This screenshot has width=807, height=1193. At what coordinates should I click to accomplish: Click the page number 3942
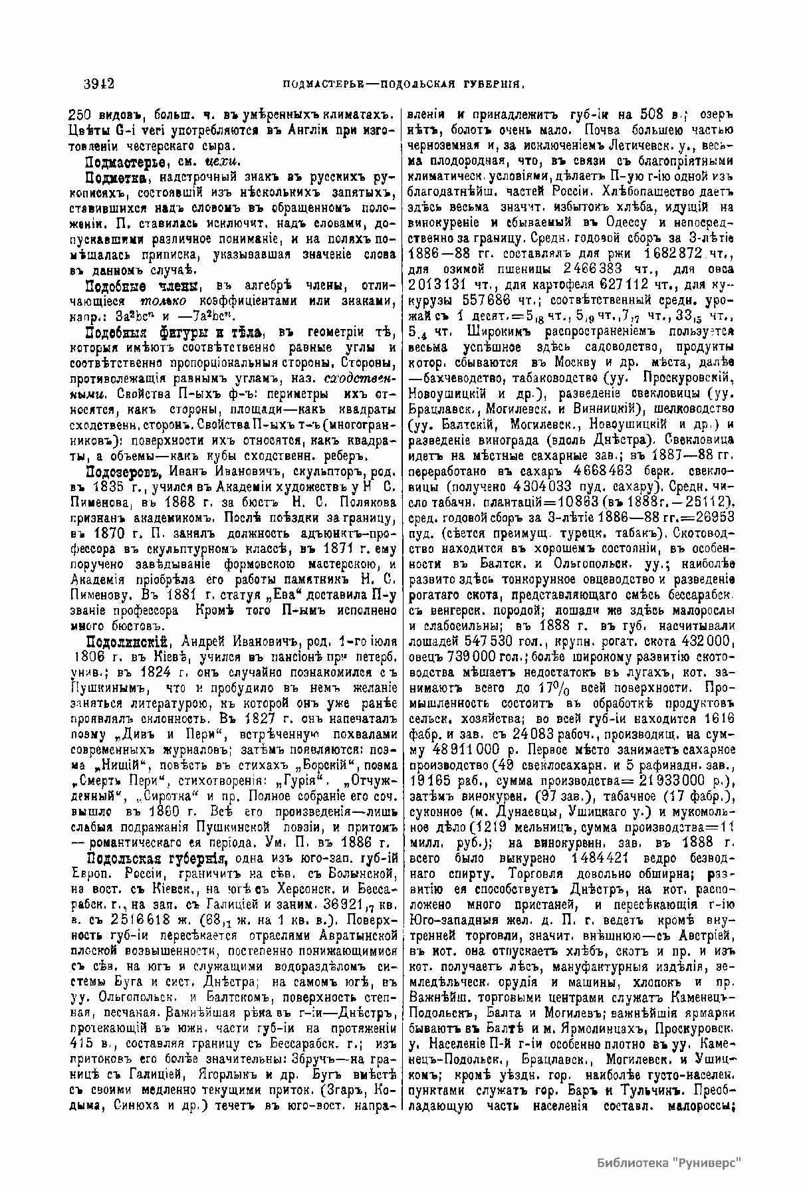[x=100, y=84]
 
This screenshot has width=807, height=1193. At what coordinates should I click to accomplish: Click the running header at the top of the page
[x=405, y=84]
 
